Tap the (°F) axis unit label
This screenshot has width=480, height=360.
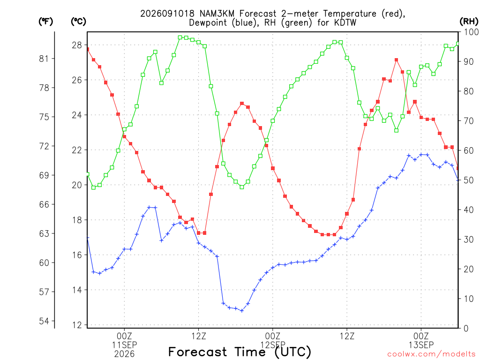pyautogui.click(x=46, y=22)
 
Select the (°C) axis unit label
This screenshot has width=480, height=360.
pyautogui.click(x=79, y=22)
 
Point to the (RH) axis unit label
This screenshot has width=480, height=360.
pyautogui.click(x=469, y=22)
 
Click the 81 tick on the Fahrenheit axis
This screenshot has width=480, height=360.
pyautogui.click(x=44, y=59)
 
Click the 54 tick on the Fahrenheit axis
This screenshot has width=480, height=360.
pyautogui.click(x=44, y=321)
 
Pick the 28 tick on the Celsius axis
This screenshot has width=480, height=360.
pyautogui.click(x=77, y=45)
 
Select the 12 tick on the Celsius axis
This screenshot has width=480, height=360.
pyautogui.click(x=77, y=325)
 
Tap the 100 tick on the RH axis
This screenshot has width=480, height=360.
pyautogui.click(x=472, y=32)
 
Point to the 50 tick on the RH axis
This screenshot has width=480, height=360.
pyautogui.click(x=469, y=180)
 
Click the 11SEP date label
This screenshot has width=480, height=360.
pyautogui.click(x=124, y=345)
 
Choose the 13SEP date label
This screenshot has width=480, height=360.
pyautogui.click(x=421, y=345)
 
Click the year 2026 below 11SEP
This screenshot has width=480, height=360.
pyautogui.click(x=124, y=354)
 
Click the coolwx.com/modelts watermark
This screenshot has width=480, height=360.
pyautogui.click(x=431, y=354)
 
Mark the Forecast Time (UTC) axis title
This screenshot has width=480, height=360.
pyautogui.click(x=240, y=352)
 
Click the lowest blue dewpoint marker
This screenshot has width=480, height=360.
pyautogui.click(x=242, y=311)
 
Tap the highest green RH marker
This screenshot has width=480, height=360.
pyautogui.click(x=180, y=37)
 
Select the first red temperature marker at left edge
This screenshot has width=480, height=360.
pyautogui.click(x=88, y=49)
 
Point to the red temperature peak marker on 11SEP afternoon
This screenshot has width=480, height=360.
pyautogui.click(x=242, y=104)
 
